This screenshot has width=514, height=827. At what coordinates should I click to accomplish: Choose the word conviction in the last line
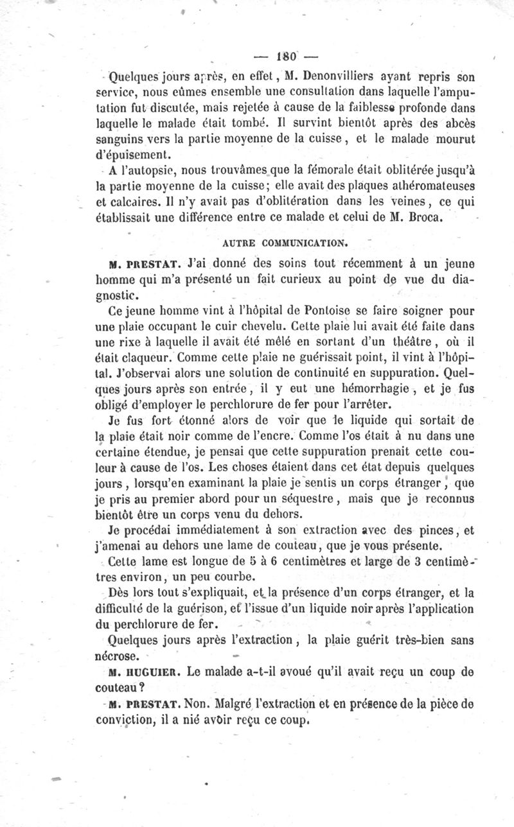point(123,720)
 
